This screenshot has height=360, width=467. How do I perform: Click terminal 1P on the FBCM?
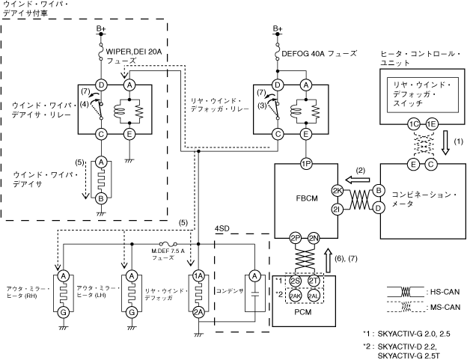[306, 163]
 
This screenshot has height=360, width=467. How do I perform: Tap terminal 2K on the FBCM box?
[338, 191]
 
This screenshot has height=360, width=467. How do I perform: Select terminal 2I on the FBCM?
[338, 210]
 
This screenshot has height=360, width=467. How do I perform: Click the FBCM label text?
[307, 198]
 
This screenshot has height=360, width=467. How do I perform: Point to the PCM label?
[303, 312]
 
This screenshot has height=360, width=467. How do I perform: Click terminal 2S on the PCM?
[295, 281]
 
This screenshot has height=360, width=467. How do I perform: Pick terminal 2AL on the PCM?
[314, 296]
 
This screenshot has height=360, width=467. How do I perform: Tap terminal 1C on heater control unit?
[414, 124]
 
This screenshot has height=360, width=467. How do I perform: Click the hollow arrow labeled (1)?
[445, 142]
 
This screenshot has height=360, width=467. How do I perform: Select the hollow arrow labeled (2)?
[358, 180]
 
